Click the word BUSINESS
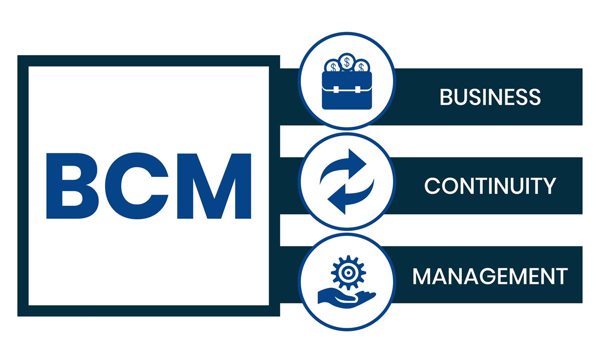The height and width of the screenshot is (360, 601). pos(490,97)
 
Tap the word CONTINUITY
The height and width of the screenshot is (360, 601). pos(490,186)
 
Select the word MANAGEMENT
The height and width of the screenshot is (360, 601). pos(490,276)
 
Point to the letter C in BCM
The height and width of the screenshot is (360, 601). pos(137,186)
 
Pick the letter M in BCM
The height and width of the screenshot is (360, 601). pos(214,186)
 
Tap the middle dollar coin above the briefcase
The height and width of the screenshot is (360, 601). pos(347,62)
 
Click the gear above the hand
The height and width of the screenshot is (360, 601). pos(348,272)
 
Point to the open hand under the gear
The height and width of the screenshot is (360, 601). pos(346,299)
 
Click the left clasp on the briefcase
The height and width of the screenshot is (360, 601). pos(336,90)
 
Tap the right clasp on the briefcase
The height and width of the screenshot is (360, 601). pos(358,90)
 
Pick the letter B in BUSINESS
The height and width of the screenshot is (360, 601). pos(446,97)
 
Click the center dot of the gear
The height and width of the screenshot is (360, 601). pos(348,273)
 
